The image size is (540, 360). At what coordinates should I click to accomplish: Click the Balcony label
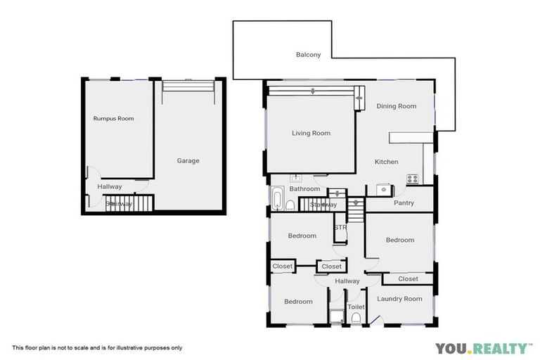(308, 54)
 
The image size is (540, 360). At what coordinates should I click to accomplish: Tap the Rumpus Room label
(113, 119)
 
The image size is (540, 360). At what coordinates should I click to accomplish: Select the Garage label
(188, 161)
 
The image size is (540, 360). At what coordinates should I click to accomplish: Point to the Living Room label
(311, 133)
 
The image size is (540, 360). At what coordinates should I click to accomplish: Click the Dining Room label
(397, 106)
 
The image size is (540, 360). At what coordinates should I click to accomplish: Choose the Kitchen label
(386, 162)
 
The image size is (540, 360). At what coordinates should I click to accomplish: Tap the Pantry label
(404, 203)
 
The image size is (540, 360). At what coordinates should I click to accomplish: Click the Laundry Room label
(399, 299)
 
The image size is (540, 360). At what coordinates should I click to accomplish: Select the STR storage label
(340, 227)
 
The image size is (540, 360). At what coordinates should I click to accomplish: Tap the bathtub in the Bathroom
(276, 198)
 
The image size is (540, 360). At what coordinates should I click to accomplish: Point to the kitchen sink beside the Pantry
(383, 188)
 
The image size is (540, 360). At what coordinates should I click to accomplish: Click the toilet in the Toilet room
(356, 319)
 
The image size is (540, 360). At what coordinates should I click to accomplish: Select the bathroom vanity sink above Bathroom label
(296, 179)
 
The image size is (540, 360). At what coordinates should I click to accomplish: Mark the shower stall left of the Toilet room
(336, 316)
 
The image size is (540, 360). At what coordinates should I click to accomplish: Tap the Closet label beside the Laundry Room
(408, 279)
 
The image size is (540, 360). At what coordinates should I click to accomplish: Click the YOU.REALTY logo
(484, 347)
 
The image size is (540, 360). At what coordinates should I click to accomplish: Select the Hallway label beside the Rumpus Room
(110, 186)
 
